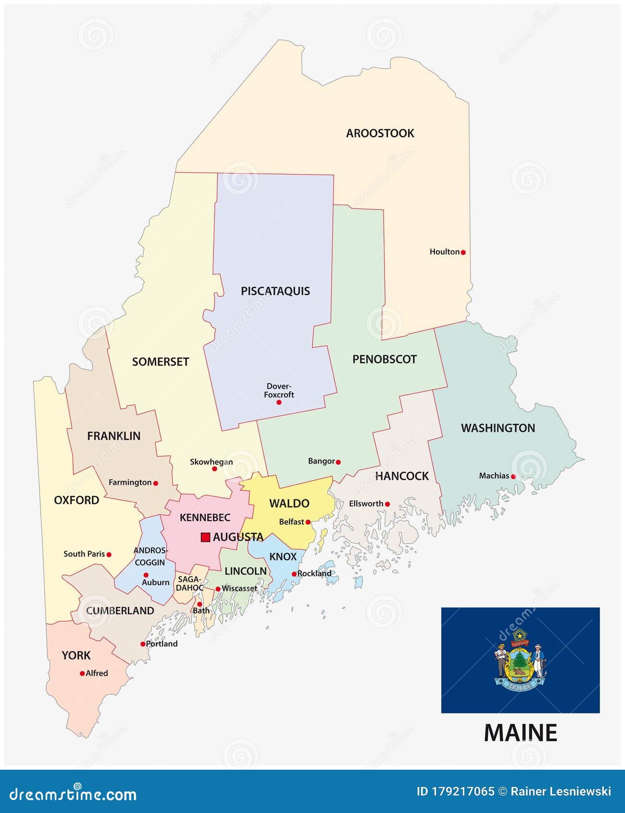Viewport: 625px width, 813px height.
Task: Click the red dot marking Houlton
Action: pyautogui.click(x=463, y=252)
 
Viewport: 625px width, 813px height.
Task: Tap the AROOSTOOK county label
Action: pyautogui.click(x=380, y=133)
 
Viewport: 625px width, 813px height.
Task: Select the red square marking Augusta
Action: pyautogui.click(x=205, y=537)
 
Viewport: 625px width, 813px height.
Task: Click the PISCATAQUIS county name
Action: pyautogui.click(x=275, y=291)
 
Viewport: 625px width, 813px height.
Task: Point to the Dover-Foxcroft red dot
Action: pyautogui.click(x=279, y=402)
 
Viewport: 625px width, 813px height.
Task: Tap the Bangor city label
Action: pyautogui.click(x=321, y=461)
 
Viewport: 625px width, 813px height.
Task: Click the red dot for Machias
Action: pyautogui.click(x=513, y=477)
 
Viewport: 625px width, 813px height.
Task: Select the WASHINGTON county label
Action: pyautogui.click(x=497, y=428)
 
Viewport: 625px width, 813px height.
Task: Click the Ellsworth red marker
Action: pyautogui.click(x=387, y=504)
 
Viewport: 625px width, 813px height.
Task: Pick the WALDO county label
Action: pyautogui.click(x=289, y=504)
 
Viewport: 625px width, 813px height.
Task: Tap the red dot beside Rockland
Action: pyautogui.click(x=294, y=574)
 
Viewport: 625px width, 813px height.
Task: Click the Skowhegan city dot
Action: pyautogui.click(x=215, y=469)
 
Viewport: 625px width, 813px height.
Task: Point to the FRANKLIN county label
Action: pyautogui.click(x=114, y=436)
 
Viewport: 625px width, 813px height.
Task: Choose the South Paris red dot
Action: pyautogui.click(x=109, y=555)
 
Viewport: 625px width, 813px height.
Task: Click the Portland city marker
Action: pyautogui.click(x=143, y=644)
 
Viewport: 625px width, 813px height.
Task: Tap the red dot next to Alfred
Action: pyautogui.click(x=82, y=673)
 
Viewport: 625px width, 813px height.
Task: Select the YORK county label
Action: pyautogui.click(x=76, y=655)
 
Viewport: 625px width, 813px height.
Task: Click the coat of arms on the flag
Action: pyautogui.click(x=520, y=660)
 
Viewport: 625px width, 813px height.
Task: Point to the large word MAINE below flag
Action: pyautogui.click(x=520, y=733)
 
